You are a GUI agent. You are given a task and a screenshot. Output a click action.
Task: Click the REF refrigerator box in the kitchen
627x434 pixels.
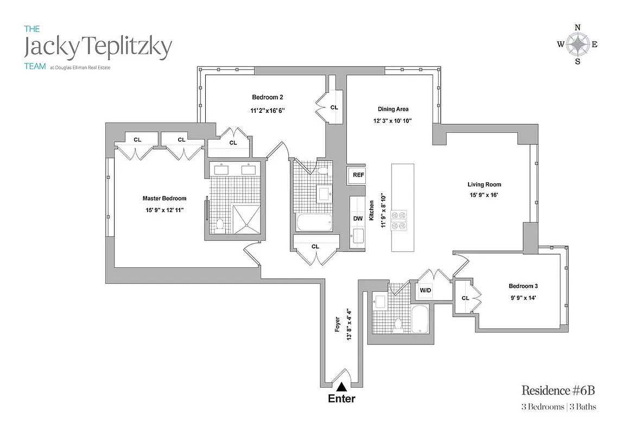pos(358,175)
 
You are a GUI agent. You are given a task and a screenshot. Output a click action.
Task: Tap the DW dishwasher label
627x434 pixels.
pos(358,219)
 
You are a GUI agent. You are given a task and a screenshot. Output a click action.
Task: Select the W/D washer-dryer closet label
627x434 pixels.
pos(425,291)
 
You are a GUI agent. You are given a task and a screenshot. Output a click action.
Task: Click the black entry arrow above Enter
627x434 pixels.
pos(342,387)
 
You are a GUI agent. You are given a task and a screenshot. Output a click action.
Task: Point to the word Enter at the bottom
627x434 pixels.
pos(342,399)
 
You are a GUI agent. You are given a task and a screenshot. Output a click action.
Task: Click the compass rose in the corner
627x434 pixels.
pos(578,44)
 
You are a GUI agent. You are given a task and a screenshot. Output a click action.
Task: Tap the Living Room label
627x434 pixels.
pos(484,184)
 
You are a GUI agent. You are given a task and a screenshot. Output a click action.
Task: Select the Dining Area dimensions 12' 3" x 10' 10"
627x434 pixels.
pos(394,121)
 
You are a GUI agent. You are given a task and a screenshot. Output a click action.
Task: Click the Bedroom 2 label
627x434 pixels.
pos(267,98)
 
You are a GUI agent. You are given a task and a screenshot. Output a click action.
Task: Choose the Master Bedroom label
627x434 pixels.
pos(164,199)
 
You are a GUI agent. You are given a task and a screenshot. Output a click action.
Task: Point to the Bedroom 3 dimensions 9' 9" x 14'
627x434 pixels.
pos(523,297)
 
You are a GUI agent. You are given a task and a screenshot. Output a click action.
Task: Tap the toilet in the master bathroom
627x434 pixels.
pos(220,225)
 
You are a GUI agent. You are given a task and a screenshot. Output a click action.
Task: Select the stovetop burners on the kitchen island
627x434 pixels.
pos(401,220)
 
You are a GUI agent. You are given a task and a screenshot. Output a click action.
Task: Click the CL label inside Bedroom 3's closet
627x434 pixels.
pos(465,298)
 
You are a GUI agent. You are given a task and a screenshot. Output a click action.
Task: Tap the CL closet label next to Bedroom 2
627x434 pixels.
pos(334,107)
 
